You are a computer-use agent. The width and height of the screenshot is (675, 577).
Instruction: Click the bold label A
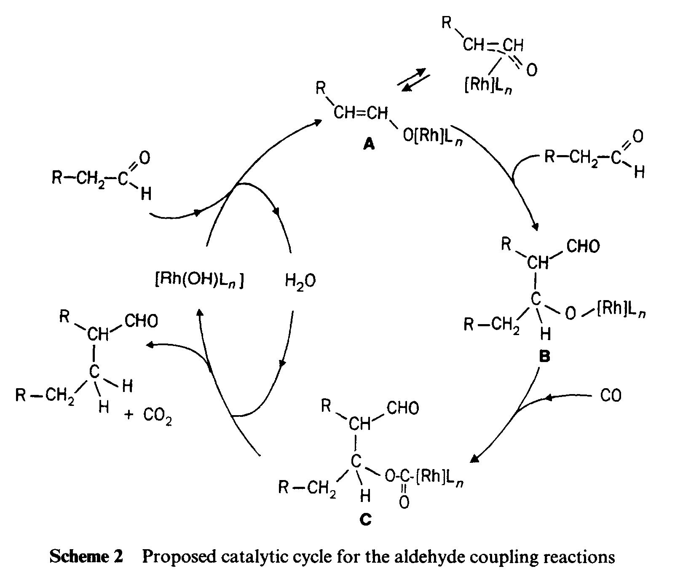click(369, 145)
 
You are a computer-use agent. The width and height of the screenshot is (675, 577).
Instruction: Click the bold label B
click(545, 357)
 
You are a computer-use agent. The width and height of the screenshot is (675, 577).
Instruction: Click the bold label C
click(366, 520)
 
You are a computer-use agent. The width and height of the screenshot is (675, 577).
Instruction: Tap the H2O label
click(300, 281)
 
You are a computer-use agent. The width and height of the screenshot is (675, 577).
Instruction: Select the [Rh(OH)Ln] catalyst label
click(199, 280)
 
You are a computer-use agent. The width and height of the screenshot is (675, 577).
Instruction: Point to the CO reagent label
click(611, 396)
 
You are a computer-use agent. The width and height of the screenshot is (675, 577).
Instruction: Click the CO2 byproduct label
click(158, 416)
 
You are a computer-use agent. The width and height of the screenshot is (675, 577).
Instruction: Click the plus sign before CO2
click(129, 415)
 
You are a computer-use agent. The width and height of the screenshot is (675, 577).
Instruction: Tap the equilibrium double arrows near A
click(414, 79)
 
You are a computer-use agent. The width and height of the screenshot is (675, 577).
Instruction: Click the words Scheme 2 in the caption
click(86, 557)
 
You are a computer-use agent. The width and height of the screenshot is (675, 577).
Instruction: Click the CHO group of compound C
click(403, 408)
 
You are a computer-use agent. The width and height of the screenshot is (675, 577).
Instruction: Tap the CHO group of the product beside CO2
click(142, 321)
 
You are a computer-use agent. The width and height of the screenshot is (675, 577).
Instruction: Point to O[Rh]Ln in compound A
click(433, 137)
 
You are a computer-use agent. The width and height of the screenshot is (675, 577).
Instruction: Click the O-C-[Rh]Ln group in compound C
click(424, 478)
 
